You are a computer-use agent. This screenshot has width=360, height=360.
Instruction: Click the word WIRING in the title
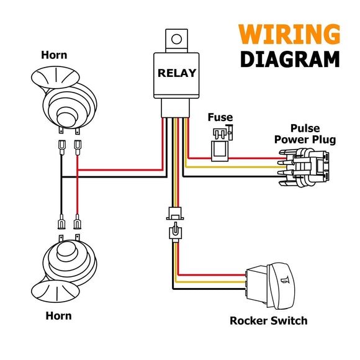[x=289, y=34]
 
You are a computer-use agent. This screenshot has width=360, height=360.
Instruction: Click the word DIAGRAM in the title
[x=290, y=59]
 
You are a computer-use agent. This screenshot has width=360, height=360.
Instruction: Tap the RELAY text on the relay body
[x=177, y=73]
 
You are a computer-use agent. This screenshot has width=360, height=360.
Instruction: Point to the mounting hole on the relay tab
[x=176, y=39]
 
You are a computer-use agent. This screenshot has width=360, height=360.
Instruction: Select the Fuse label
[x=220, y=117]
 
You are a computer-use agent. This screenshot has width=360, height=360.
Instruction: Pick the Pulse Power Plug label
[x=305, y=134]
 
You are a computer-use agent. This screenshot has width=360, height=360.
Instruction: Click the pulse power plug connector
[x=304, y=168]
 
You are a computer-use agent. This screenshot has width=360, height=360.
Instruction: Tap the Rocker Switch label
[x=269, y=321]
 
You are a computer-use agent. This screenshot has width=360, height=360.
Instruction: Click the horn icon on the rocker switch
[x=285, y=280]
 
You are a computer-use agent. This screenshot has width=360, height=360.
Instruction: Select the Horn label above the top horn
[x=54, y=55]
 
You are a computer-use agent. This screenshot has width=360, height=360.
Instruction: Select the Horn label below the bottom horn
[x=58, y=316]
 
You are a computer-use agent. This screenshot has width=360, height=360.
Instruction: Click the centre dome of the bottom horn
[x=66, y=252]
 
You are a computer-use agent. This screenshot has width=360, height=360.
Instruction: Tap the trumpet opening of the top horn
[x=55, y=77]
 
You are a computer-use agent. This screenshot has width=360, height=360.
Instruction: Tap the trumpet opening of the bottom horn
[x=55, y=291]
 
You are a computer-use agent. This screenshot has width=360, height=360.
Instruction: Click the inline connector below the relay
[x=175, y=225]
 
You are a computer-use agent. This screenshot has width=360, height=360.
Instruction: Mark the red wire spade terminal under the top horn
[x=78, y=147]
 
